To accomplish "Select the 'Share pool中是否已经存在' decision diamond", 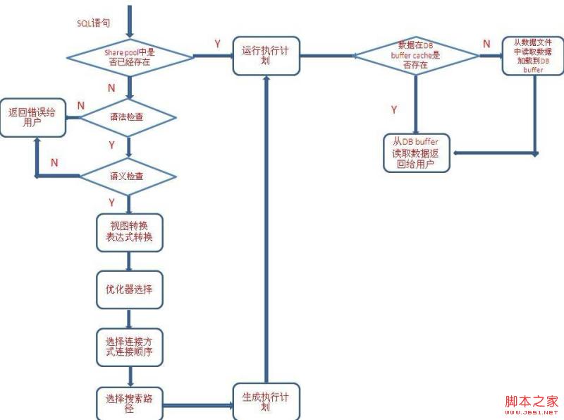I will (128, 57).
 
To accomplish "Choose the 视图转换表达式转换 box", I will (129, 232).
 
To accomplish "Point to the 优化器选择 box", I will (129, 289).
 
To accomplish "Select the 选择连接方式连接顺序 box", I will (129, 347).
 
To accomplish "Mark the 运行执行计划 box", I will (266, 56).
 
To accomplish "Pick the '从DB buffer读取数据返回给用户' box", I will (416, 152).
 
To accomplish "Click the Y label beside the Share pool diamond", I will (217, 44).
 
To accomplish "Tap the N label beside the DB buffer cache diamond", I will (486, 44).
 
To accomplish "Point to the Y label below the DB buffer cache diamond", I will (393, 109).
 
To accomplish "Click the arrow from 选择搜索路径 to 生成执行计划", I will (198, 405).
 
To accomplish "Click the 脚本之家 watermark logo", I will (531, 402).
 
